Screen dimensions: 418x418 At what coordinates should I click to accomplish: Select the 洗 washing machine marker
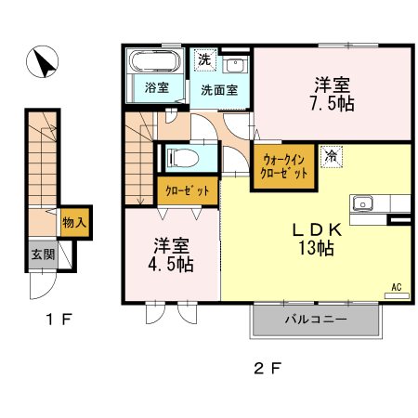point(203,58)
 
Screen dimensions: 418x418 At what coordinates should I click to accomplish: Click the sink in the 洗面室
point(235,65)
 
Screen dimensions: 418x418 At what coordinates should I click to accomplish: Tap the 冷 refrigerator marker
point(331,156)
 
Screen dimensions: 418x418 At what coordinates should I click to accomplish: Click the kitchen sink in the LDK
point(363,203)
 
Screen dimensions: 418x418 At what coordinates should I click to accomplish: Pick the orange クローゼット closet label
point(187,190)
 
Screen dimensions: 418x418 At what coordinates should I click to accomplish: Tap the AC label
point(395,288)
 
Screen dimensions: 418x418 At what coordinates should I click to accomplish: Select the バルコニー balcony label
point(315,320)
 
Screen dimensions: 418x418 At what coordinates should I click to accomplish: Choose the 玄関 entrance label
point(37,254)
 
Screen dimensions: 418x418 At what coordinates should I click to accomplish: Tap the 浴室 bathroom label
point(154,89)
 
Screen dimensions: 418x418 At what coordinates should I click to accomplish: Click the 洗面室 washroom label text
point(219,90)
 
